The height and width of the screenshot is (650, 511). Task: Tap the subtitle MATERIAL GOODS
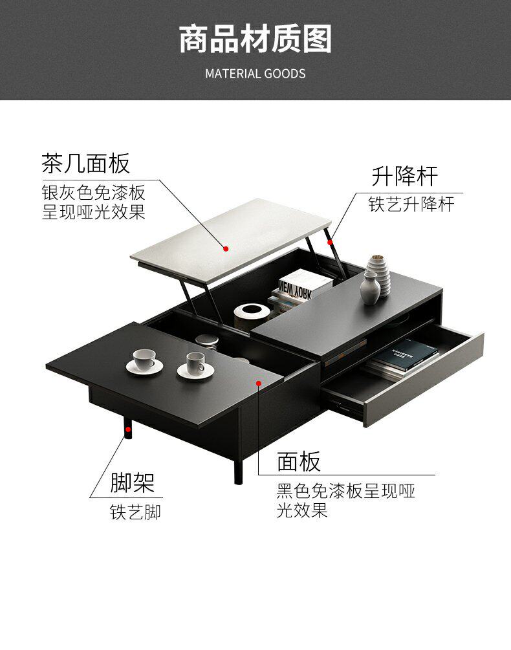tap(255, 73)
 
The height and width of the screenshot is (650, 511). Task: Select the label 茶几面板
tap(85, 163)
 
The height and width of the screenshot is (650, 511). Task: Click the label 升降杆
tap(404, 175)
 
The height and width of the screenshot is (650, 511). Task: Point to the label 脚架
tap(133, 482)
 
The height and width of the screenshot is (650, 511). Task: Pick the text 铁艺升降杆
tap(411, 204)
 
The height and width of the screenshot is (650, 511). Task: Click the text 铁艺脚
tap(135, 513)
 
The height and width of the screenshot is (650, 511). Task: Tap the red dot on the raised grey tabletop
tap(226, 248)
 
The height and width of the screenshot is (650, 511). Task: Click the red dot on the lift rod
tap(330, 243)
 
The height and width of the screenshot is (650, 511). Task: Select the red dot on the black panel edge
tap(259, 384)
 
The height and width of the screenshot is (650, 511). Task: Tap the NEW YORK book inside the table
tap(296, 285)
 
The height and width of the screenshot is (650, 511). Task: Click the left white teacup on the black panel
tap(144, 359)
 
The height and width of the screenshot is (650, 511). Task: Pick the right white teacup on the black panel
tap(195, 364)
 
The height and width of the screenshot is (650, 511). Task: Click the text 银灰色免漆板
tap(93, 193)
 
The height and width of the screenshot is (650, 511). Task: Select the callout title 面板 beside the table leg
tap(299, 462)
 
